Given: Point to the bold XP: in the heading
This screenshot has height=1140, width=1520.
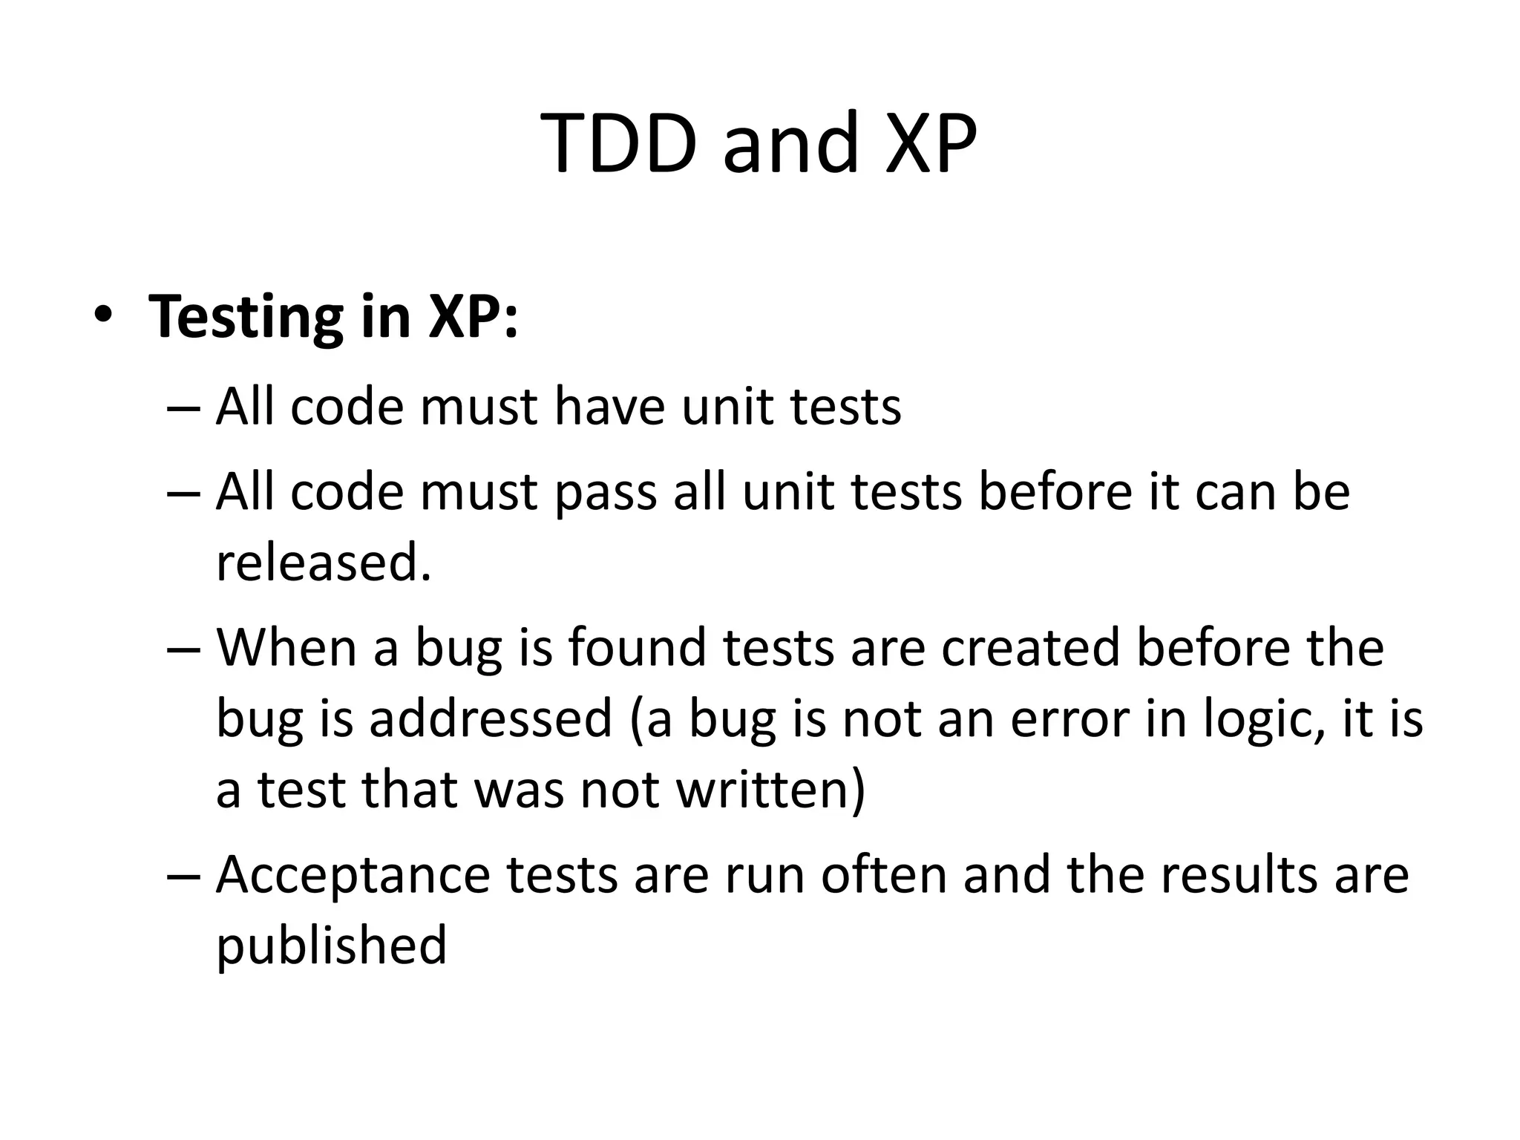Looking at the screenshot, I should (x=472, y=316).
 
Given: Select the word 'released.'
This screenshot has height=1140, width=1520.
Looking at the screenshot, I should (x=324, y=562).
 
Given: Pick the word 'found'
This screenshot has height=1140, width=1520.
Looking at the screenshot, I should (x=638, y=647).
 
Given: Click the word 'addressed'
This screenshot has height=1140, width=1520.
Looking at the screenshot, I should (x=490, y=718).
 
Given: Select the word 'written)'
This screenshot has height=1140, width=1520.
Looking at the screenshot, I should (x=771, y=789).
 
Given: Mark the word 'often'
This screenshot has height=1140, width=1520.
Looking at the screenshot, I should (x=884, y=874).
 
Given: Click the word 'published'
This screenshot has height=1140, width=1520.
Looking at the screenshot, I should (x=331, y=945).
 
